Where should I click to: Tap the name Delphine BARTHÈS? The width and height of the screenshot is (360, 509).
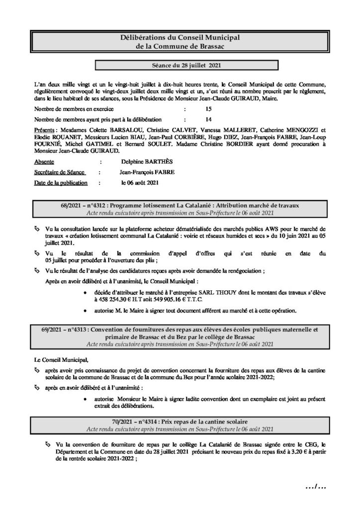tap(142, 162)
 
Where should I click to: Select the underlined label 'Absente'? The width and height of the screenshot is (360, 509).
tap(44, 162)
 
